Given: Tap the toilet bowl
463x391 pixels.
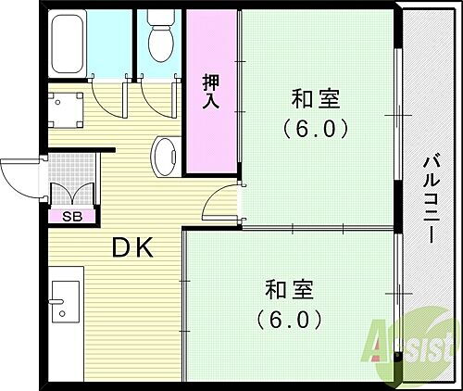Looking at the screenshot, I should tap(159, 39).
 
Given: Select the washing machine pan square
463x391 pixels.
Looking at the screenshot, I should tap(65, 110).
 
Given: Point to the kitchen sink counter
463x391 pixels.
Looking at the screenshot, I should tap(65, 306).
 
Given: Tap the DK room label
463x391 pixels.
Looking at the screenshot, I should tap(132, 247).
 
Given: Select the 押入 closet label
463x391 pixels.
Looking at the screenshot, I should tap(211, 90).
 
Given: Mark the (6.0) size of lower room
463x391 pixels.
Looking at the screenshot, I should tap(289, 321).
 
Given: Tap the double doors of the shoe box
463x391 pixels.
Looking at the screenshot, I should tap(72, 195).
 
